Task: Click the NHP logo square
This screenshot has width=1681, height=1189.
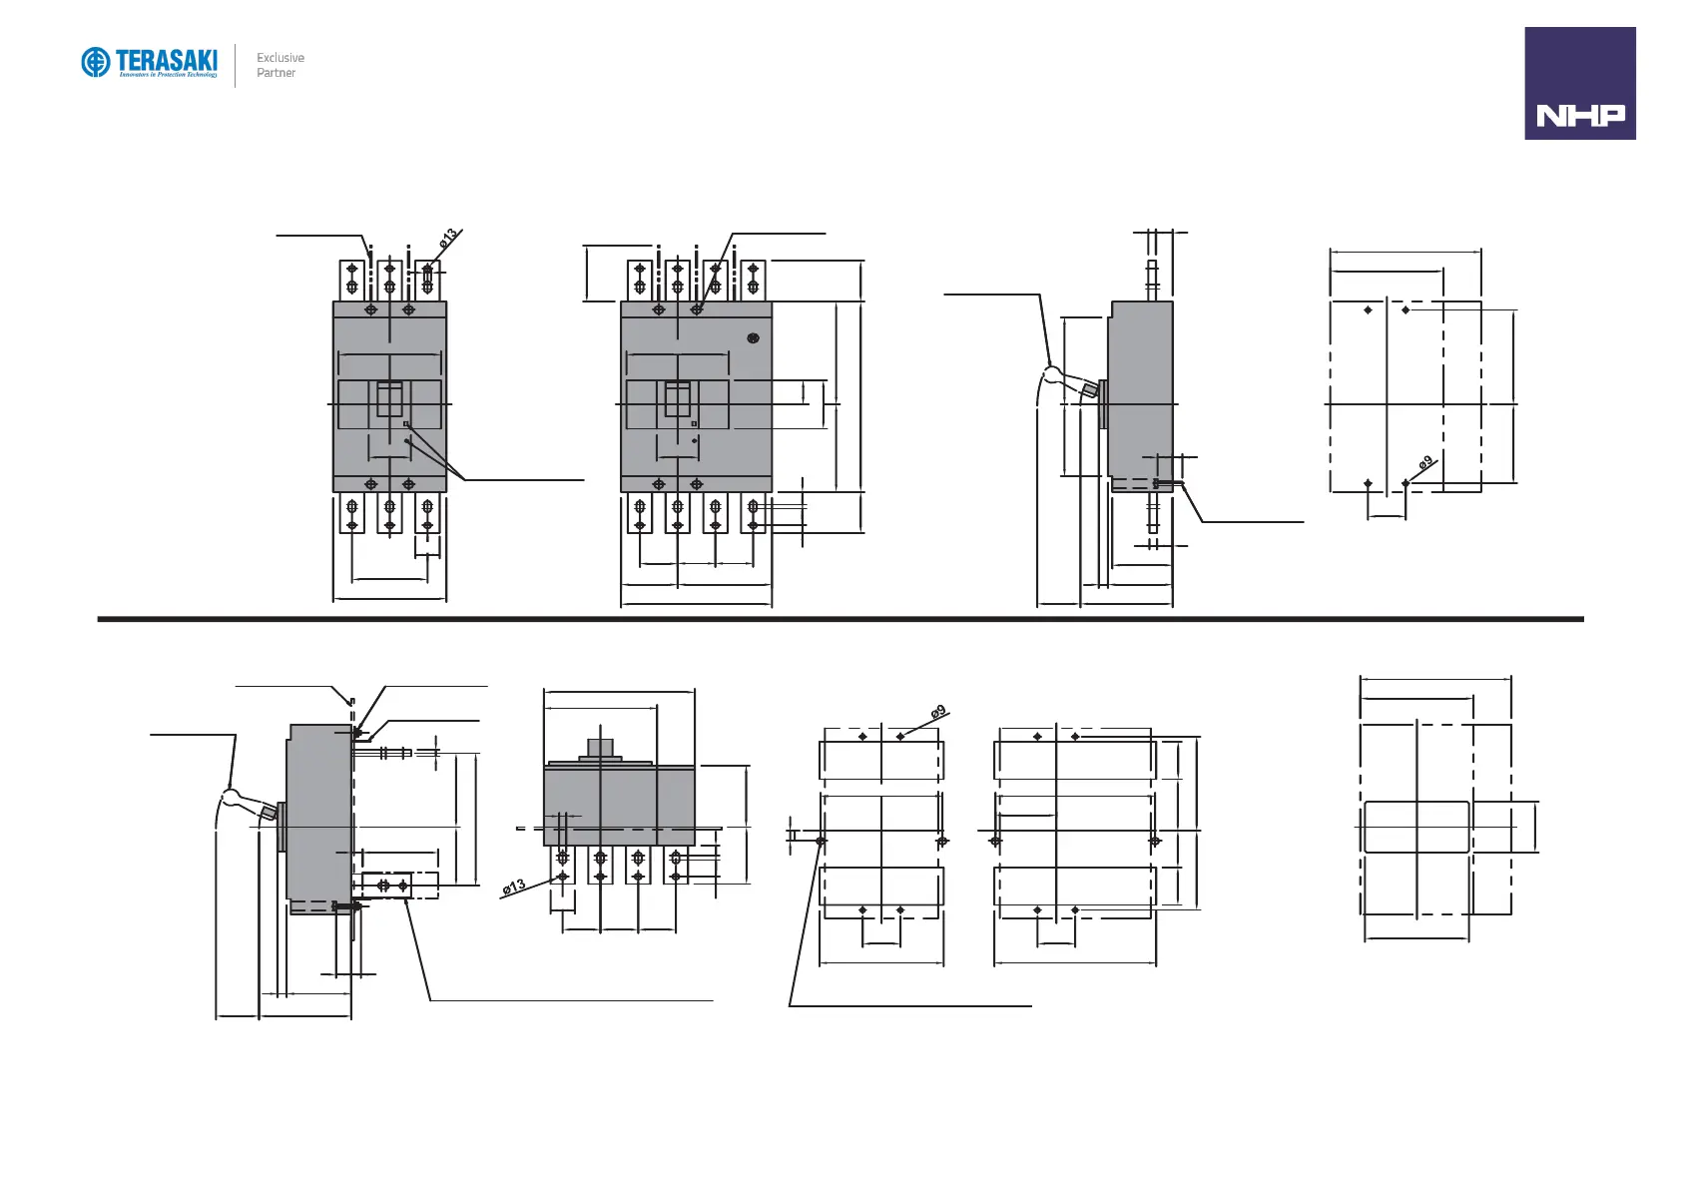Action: [x=1579, y=83]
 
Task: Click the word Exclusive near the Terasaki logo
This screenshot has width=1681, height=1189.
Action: [x=280, y=58]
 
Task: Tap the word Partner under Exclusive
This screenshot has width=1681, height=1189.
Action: [x=276, y=73]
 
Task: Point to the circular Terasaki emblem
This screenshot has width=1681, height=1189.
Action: [x=95, y=63]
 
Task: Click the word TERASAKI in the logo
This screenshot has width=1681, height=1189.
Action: [x=167, y=60]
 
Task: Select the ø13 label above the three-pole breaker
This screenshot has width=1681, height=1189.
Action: [x=448, y=238]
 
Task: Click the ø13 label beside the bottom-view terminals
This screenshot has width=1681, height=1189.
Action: [x=514, y=887]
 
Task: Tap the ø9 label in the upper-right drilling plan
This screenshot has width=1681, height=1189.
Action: [x=1425, y=462]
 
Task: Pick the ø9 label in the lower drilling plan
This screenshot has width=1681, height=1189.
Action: [x=938, y=712]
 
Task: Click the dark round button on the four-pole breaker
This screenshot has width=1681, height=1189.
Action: [x=754, y=338]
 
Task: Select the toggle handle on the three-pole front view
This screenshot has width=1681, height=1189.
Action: [x=389, y=399]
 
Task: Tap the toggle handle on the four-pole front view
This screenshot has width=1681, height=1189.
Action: [x=678, y=399]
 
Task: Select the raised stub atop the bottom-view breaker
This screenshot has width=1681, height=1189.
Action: [x=600, y=748]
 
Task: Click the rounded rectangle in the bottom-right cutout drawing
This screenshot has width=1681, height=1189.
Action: [x=1416, y=827]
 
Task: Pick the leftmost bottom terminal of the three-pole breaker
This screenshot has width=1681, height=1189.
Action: [x=351, y=513]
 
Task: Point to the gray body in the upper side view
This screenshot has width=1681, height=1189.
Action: [x=1140, y=389]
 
